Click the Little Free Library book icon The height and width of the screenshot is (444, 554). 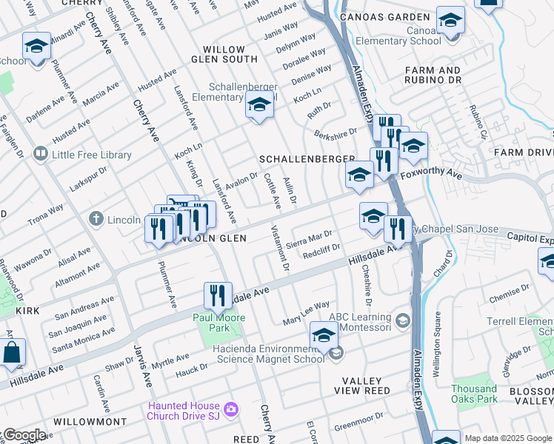point(40,155)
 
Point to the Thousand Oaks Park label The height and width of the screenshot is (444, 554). point(474,394)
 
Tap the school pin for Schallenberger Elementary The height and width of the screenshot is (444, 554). point(259,108)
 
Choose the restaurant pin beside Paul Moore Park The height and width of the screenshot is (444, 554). point(218,296)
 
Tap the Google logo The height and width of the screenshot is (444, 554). point(24,434)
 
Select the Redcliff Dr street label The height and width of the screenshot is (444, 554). point(321,252)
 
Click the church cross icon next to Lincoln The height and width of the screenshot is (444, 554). point(96,219)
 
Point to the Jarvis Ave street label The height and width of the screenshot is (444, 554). point(137,370)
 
